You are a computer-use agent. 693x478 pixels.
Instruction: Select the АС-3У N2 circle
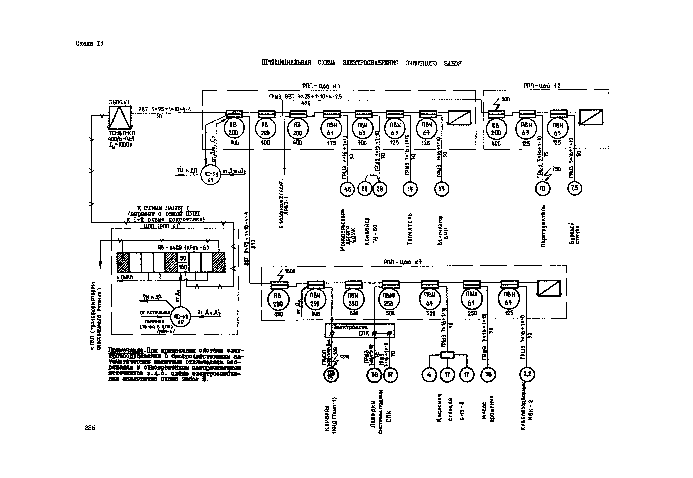pos(181,317)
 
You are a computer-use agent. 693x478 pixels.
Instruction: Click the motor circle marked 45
pos(347,189)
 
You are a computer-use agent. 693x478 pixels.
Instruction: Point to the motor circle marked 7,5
pos(574,188)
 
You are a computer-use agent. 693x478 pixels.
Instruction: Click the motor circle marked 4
pos(429,374)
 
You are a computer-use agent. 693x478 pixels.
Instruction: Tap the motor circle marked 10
pos(542,188)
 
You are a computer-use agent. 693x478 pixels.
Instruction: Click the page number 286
pos(90,428)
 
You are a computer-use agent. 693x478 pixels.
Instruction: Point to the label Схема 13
pos(90,44)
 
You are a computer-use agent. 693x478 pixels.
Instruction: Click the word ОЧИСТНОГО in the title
pos(421,63)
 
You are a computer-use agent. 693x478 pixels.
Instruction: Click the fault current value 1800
pos(290,271)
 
